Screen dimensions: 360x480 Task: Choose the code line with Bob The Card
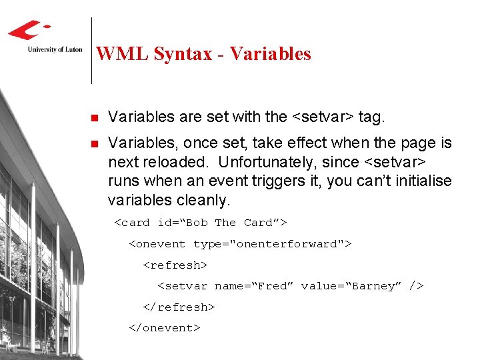(x=201, y=223)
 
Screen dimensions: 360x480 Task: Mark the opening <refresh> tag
(x=175, y=265)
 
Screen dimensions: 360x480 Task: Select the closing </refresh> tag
(x=179, y=307)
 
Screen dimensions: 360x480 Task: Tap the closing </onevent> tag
(x=164, y=329)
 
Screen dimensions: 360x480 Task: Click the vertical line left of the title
(x=91, y=50)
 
